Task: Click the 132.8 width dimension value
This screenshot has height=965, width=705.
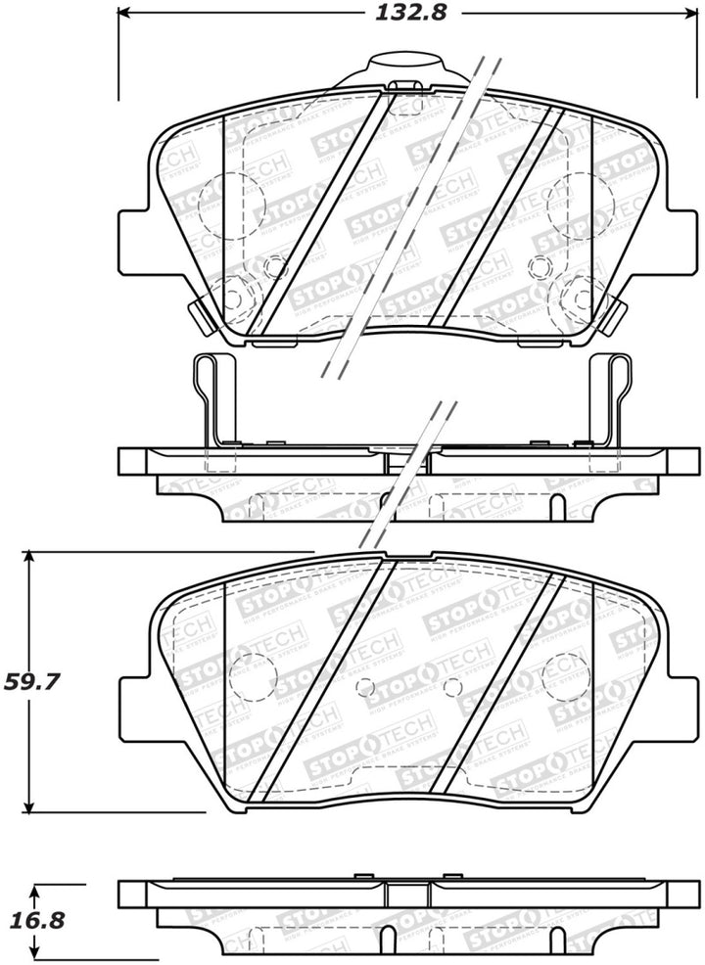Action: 399,15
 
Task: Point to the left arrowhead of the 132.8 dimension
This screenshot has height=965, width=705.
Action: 124,15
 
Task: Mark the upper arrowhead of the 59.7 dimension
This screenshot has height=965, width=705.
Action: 31,557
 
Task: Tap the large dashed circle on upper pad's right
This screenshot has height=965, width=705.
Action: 575,203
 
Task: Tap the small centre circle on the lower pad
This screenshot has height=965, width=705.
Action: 451,687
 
